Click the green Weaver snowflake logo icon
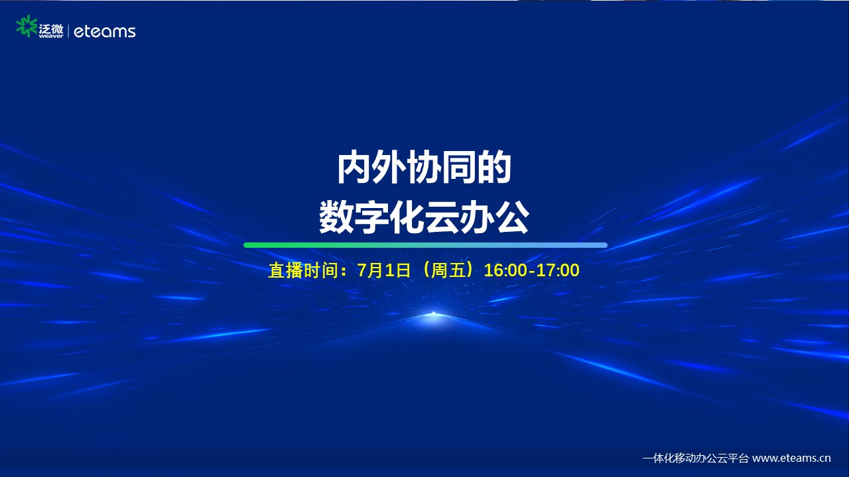coord(27,26)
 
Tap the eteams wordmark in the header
coord(105,31)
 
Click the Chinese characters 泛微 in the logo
coord(51,28)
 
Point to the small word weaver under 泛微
coord(51,36)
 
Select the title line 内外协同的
coord(424,168)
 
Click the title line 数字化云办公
coord(424,218)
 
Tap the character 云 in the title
coord(442,218)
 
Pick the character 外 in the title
coord(389,168)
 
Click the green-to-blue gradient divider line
coord(425,245)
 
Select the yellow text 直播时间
coord(303,271)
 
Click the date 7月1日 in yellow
coord(384,271)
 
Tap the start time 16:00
coord(505,271)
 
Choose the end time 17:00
coord(558,271)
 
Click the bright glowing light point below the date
coord(433,314)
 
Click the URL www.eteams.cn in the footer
coord(791,458)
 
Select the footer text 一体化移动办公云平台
coord(696,458)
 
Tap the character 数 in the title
coord(336,218)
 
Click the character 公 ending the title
coord(513,218)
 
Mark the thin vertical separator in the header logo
coord(68,31)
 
